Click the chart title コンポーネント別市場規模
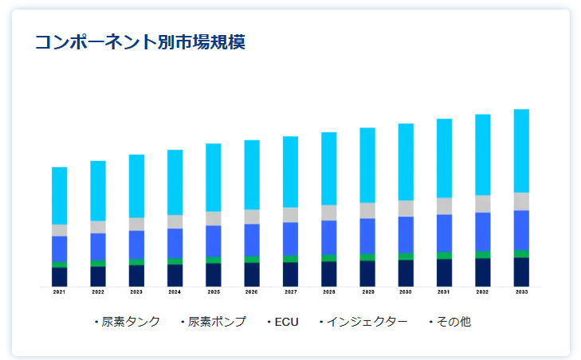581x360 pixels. (x=139, y=42)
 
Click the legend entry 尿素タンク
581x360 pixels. (x=131, y=322)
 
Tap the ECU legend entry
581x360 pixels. (x=285, y=322)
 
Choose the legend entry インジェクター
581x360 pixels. (x=367, y=322)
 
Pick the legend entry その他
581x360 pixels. (x=453, y=322)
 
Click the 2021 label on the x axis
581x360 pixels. (x=60, y=292)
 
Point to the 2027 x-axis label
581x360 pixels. (x=290, y=292)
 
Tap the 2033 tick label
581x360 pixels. (x=521, y=292)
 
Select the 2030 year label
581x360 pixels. (x=406, y=292)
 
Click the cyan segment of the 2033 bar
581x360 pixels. (x=521, y=151)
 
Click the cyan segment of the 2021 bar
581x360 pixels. (x=60, y=196)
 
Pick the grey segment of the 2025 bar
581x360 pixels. (x=214, y=218)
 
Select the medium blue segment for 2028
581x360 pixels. (x=329, y=237)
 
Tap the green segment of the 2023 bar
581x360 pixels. (x=136, y=262)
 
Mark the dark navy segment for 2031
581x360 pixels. (x=444, y=272)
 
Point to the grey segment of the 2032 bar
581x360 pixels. (x=483, y=204)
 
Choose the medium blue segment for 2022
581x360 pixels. (x=98, y=246)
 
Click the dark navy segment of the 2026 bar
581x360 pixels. (x=252, y=274)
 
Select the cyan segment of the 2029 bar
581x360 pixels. (x=367, y=165)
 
